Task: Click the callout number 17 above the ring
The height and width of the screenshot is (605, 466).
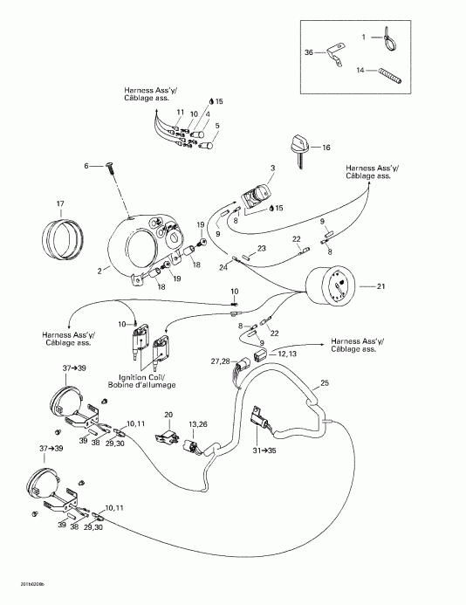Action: click(x=60, y=204)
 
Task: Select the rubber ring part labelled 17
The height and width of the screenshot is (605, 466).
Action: click(x=61, y=237)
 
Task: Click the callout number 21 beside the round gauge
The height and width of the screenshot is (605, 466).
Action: click(x=380, y=286)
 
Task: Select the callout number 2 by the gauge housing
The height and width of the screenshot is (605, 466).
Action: click(x=100, y=272)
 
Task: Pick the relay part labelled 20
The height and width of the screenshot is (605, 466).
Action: click(x=168, y=434)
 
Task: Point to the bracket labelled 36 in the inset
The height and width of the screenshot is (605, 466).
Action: click(x=331, y=58)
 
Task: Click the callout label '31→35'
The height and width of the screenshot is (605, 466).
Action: click(x=264, y=450)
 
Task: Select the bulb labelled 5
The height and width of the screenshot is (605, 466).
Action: click(x=208, y=144)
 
